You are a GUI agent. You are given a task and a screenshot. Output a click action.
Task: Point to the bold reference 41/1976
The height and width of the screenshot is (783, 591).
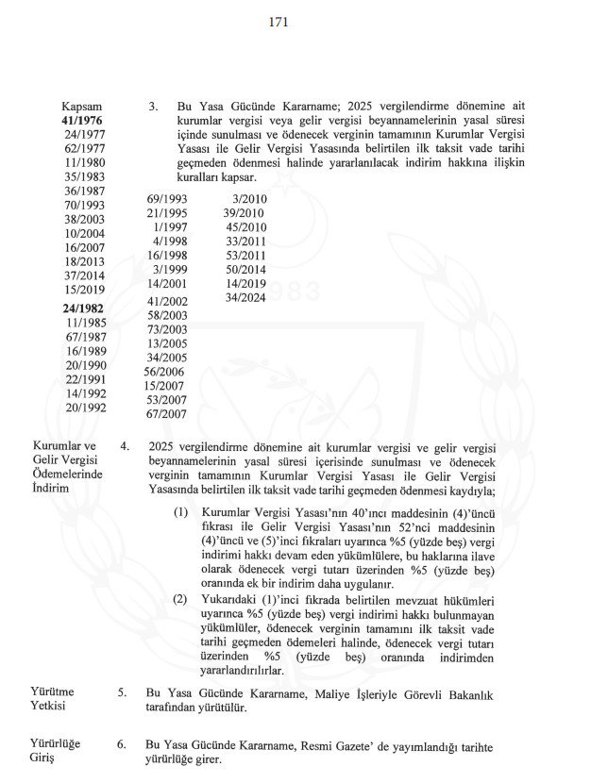82,122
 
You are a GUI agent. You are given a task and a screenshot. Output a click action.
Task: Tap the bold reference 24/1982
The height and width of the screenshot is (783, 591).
82,308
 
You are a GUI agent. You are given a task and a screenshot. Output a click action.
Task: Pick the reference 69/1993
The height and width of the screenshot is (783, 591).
168,199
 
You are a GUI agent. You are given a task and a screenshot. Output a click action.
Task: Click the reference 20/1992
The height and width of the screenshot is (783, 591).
86,408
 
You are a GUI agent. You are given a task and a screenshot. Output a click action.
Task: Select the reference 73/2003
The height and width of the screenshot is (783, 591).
168,328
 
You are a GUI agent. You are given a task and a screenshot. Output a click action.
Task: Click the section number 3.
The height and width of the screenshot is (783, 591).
153,108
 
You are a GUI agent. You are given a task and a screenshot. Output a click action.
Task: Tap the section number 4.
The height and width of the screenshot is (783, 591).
124,444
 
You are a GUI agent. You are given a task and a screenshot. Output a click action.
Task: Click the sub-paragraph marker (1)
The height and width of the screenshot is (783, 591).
180,512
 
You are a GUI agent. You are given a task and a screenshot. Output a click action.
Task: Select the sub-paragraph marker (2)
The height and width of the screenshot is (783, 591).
180,599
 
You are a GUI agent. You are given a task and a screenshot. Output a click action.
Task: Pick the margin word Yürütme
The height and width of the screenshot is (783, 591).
55,691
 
